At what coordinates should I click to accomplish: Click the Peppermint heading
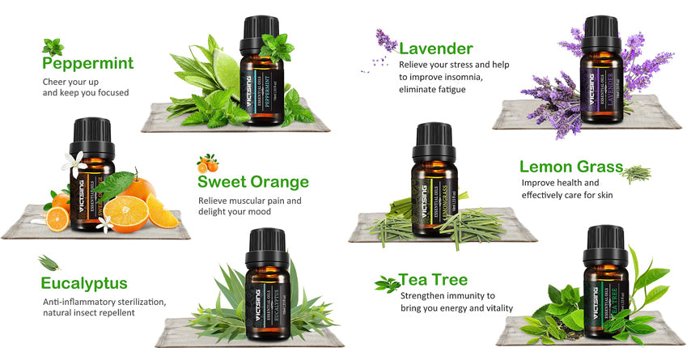click(87, 63)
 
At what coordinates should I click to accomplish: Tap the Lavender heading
click(436, 49)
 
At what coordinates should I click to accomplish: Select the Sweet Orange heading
click(253, 182)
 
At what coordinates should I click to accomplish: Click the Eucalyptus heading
click(84, 283)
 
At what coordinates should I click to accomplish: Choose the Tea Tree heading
click(433, 280)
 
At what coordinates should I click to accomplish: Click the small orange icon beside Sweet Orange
click(207, 163)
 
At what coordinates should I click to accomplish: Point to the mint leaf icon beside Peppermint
click(53, 46)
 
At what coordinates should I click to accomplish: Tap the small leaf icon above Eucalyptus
click(49, 262)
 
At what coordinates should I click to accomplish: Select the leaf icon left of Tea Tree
click(386, 283)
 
